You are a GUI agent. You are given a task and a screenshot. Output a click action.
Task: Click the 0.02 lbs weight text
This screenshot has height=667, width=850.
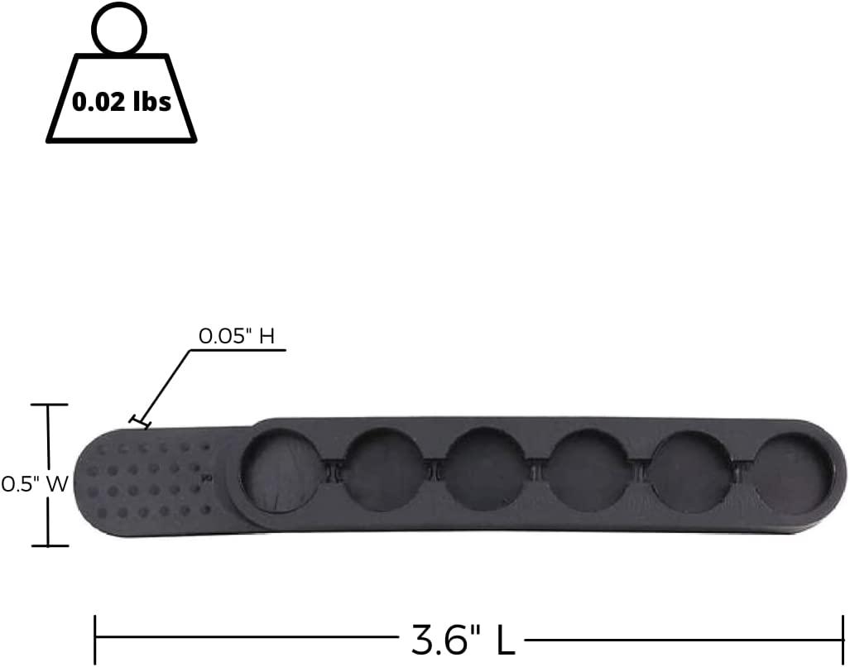[x=122, y=102]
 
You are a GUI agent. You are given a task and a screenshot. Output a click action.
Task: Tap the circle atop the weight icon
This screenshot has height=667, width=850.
[x=120, y=30]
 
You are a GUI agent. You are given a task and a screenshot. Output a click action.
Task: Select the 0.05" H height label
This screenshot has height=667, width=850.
[x=237, y=336]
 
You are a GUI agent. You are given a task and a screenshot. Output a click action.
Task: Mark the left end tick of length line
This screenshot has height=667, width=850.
[x=96, y=639]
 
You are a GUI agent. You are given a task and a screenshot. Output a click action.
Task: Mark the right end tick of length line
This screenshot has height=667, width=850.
[x=843, y=639]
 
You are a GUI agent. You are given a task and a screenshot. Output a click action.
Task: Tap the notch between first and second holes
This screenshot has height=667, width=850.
[x=333, y=470]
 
